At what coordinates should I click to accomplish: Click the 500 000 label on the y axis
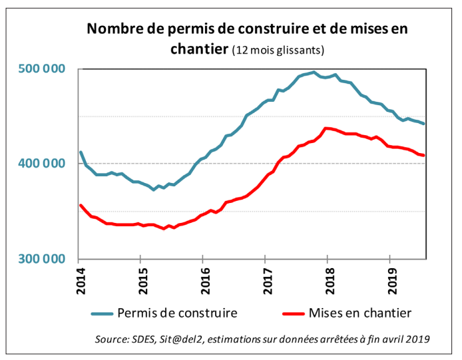43,69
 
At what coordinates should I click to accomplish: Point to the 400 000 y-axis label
43,164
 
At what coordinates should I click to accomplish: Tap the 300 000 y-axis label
43,259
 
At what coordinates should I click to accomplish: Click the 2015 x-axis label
140,277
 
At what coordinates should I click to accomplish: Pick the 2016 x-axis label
203,277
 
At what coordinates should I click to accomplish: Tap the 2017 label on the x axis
265,277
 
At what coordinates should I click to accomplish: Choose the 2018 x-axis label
328,277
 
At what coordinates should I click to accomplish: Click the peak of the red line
326,128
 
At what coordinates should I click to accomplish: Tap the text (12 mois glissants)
278,51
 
